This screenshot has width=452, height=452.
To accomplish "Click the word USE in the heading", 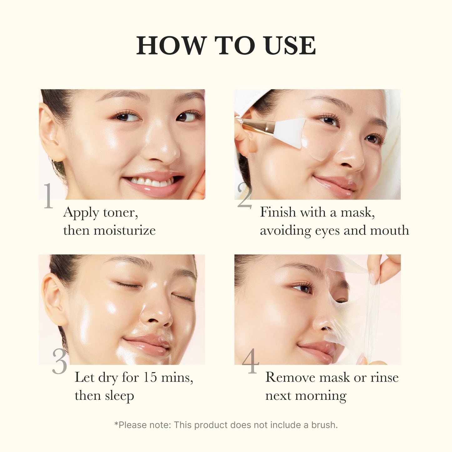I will (x=290, y=46).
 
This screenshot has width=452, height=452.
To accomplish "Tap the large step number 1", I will (x=48, y=196).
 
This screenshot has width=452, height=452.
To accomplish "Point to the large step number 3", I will (x=59, y=362).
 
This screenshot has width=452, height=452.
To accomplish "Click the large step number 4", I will (x=250, y=362).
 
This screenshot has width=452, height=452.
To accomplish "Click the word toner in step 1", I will (x=120, y=213).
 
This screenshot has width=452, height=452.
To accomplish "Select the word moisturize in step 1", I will (x=124, y=231).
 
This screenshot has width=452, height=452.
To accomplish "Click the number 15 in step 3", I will (x=150, y=377).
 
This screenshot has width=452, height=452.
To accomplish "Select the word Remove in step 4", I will (x=290, y=377).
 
